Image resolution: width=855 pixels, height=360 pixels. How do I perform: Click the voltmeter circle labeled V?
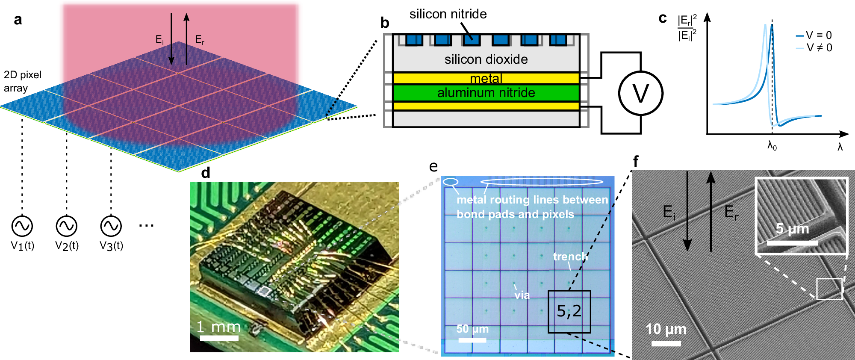pos(640,93)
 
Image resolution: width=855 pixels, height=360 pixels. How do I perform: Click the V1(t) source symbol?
pos(22,226)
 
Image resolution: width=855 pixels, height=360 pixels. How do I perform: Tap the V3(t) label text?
pos(111,246)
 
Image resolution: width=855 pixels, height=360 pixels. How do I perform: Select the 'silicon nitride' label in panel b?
pos(448,14)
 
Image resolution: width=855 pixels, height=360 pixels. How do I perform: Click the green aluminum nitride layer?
pos(486,93)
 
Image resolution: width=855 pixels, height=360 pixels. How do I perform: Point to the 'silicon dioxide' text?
pos(486,59)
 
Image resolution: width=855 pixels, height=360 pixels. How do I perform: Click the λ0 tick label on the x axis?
pos(772,146)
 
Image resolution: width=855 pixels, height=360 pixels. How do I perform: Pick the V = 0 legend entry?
pos(814,35)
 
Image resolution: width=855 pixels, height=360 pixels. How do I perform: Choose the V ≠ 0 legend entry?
pos(814,47)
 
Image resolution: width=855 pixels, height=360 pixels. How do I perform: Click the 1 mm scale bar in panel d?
pos(219,338)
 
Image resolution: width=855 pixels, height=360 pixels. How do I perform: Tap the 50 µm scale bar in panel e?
pos(472,340)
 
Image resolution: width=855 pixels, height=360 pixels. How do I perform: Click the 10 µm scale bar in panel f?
pos(666,343)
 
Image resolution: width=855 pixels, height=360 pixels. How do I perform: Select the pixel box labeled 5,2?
pos(569,312)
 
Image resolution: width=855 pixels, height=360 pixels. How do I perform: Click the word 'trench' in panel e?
pos(570,257)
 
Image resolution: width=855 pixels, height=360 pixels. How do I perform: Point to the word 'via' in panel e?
pos(522,295)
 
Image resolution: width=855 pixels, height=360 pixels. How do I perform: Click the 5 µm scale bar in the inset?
pos(792,243)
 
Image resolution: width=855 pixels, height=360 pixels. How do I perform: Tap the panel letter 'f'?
pos(636,162)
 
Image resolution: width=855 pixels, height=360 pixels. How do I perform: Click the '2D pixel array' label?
pos(22,81)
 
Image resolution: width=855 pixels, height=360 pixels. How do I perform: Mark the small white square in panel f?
pos(829,289)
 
